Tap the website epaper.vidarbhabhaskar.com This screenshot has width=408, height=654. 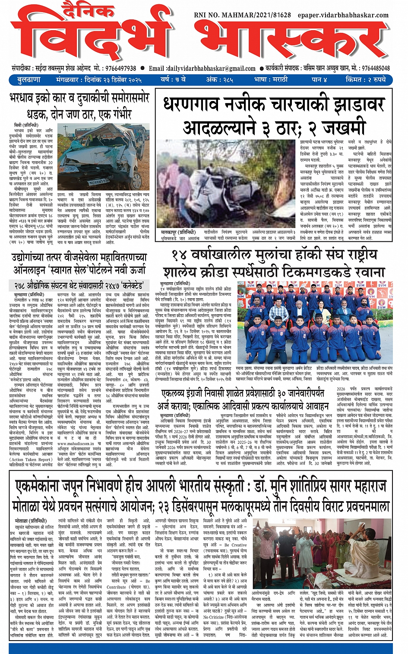click(343, 15)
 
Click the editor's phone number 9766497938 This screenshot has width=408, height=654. click(120, 68)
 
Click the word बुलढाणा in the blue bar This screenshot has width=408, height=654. click(29, 80)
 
